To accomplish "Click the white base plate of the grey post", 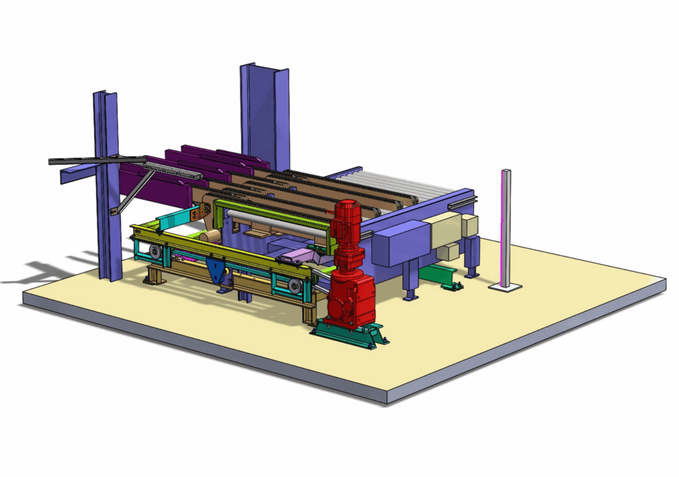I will [x=505, y=287].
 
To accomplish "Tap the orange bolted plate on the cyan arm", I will [x=195, y=214].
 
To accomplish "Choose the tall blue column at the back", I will [x=265, y=116].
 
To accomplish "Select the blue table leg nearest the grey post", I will [x=473, y=259].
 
